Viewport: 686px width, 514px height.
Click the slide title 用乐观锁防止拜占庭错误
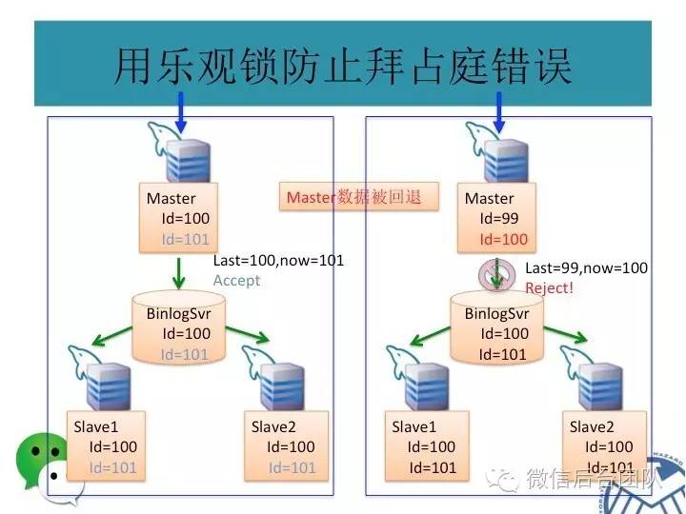tap(343, 65)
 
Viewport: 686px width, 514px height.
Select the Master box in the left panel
tap(178, 218)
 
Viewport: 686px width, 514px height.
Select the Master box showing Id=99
tap(496, 218)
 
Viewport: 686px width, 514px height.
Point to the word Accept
tap(235, 281)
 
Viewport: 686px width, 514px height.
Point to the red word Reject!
tap(550, 286)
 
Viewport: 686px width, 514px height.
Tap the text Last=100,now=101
tap(278, 260)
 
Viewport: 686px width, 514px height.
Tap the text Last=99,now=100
tap(586, 268)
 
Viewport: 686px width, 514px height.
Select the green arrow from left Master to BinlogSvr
tap(179, 275)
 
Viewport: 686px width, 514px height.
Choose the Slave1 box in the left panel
tap(106, 445)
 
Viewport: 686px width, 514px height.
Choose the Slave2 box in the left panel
tap(285, 445)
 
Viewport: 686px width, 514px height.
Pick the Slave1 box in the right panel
tap(425, 445)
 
